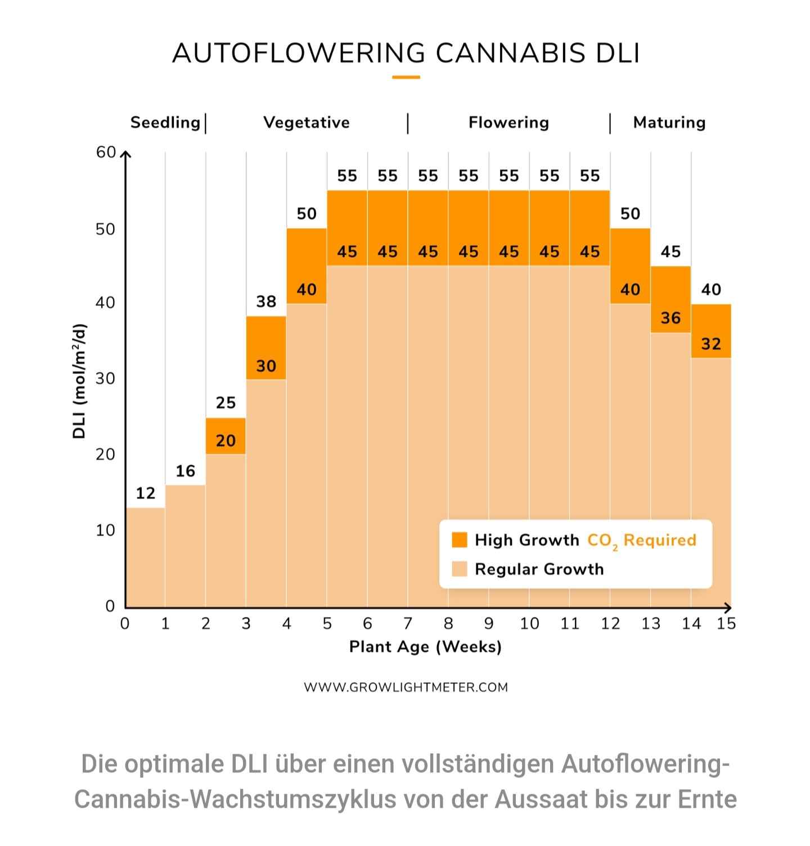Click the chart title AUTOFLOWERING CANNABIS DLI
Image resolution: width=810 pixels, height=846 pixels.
coord(406,53)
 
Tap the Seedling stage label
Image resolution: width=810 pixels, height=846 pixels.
coord(165,123)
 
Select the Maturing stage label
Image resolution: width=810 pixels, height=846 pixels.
coord(669,123)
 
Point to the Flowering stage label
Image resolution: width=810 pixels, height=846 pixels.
coord(508,123)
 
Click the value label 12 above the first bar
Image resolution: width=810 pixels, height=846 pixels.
coord(145,493)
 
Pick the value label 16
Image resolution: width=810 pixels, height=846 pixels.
coord(186,471)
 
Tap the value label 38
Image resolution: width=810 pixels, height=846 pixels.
coord(266,302)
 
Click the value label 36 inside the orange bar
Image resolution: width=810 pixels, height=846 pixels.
coord(670,318)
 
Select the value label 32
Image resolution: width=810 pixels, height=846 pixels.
coord(711,344)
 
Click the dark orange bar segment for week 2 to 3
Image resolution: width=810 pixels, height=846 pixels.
coord(226,436)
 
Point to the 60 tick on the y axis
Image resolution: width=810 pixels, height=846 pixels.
coord(106,152)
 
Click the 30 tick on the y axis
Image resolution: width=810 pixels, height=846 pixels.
coord(106,379)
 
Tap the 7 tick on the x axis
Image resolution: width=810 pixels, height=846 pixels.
coord(408,623)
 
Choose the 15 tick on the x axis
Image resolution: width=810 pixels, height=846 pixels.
coord(726,623)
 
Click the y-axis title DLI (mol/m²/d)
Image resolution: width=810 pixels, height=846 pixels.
coord(80,381)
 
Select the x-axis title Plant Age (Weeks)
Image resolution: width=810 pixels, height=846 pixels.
coord(425,647)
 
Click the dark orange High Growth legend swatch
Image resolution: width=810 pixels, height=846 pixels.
coord(460,540)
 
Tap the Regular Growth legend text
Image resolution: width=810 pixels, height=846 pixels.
coord(539,569)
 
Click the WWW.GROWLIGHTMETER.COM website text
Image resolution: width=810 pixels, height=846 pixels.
coord(406,687)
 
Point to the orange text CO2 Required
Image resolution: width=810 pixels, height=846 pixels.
coord(641,541)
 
